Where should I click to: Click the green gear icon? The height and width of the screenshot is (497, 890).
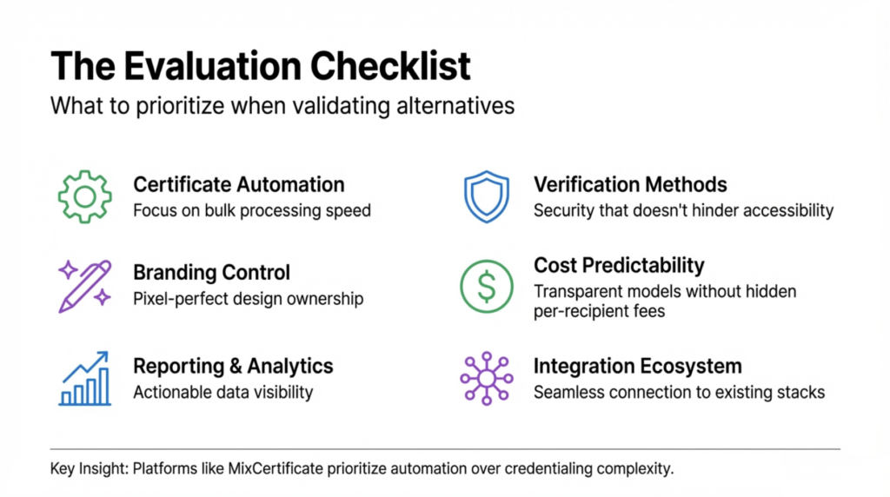pyautogui.click(x=84, y=196)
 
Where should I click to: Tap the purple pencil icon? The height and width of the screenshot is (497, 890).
pyautogui.click(x=84, y=286)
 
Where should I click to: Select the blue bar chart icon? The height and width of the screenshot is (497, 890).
pyautogui.click(x=84, y=378)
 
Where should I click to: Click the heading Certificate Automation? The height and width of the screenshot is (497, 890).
pyautogui.click(x=238, y=184)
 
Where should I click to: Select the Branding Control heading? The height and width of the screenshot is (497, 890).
pyautogui.click(x=211, y=272)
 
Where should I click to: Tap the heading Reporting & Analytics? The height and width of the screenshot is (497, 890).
pyautogui.click(x=233, y=366)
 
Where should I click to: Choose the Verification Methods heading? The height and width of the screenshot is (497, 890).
pyautogui.click(x=630, y=184)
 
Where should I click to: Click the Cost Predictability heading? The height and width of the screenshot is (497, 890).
pyautogui.click(x=619, y=265)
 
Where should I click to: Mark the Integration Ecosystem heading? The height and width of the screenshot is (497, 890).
pyautogui.click(x=637, y=366)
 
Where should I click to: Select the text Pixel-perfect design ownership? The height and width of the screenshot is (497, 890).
pyautogui.click(x=248, y=299)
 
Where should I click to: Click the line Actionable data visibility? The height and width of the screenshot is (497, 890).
pyautogui.click(x=222, y=392)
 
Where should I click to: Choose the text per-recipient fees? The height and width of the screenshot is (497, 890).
pyautogui.click(x=599, y=310)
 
